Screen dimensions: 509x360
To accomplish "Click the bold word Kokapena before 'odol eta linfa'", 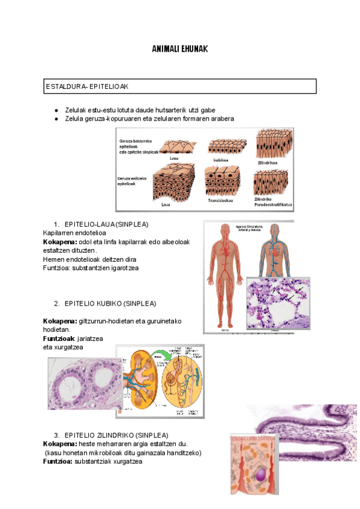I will click(x=60, y=242).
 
